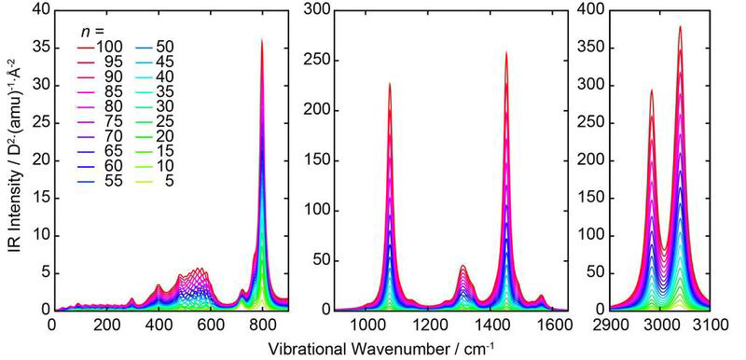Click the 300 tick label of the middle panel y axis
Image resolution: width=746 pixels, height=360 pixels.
coord(317,8)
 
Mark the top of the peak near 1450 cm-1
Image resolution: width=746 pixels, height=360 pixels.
coord(506,52)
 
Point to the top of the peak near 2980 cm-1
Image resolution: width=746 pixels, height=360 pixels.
coord(651,90)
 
